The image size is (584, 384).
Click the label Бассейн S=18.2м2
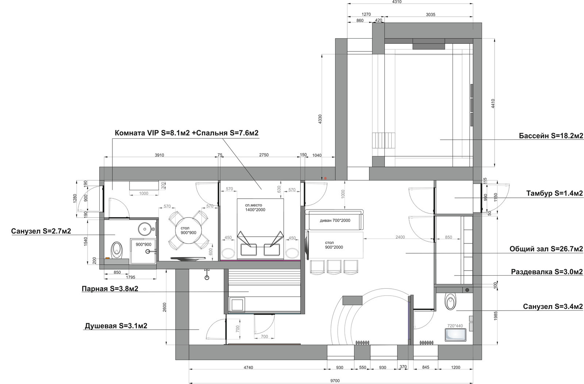point(551,136)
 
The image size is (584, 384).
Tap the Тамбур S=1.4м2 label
point(554,193)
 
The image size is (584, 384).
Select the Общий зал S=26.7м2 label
point(546,249)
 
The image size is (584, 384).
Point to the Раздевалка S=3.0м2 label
point(547,272)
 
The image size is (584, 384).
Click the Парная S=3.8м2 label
point(110,289)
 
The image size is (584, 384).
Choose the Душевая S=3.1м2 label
point(116,326)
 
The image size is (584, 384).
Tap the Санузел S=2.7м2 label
point(41,231)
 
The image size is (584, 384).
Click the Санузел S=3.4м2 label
point(553,307)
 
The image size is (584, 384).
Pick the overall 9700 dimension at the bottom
point(335,381)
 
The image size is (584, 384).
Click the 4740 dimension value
point(248,368)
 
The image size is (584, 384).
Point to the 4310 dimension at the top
point(397,2)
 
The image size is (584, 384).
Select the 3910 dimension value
point(159,155)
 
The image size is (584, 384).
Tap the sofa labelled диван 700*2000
point(334,219)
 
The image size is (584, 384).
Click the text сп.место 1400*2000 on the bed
point(255,207)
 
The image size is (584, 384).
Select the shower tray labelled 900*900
point(143,251)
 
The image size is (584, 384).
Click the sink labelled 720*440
point(455,335)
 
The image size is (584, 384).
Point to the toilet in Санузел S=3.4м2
point(450,301)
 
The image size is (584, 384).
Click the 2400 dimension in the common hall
point(400,237)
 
